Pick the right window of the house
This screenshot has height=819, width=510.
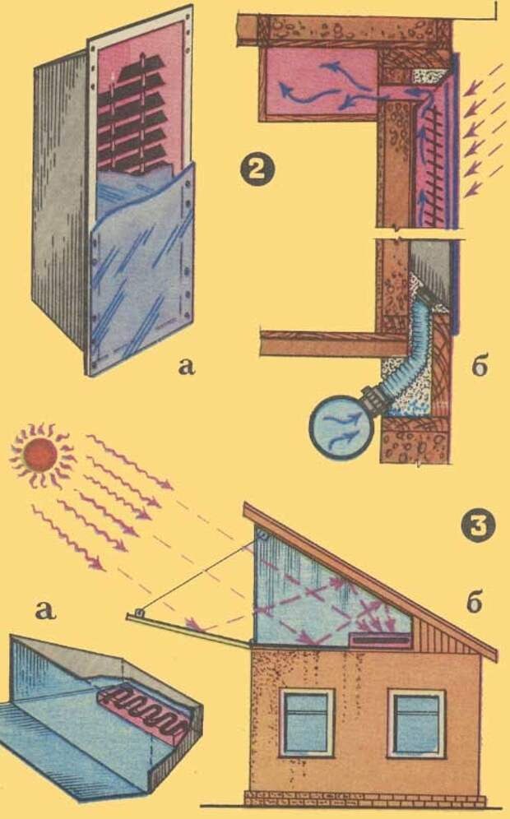point(416,723)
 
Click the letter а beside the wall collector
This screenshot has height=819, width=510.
point(188,367)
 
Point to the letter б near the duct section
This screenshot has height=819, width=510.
point(480,367)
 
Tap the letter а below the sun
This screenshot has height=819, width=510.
point(43,609)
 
